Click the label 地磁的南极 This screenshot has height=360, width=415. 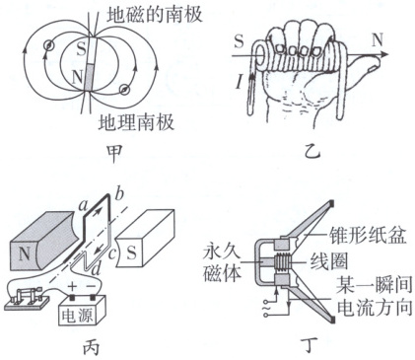(155, 15)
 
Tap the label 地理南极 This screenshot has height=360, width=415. (136, 122)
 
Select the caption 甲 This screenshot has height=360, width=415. (114, 154)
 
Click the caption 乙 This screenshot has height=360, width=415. (311, 151)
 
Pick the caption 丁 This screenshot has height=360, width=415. (311, 345)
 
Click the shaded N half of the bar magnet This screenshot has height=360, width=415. (90, 78)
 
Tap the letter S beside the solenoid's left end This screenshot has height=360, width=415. (240, 41)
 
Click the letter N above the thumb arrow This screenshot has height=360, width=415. (378, 40)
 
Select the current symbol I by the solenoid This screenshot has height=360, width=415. (240, 82)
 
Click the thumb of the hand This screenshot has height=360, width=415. (365, 65)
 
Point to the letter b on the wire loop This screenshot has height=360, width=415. (119, 194)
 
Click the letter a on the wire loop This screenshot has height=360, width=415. (83, 206)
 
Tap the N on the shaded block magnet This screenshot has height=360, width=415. (25, 253)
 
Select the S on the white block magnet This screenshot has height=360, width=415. (132, 252)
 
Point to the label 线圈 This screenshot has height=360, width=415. (327, 262)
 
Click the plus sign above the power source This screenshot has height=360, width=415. (72, 286)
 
